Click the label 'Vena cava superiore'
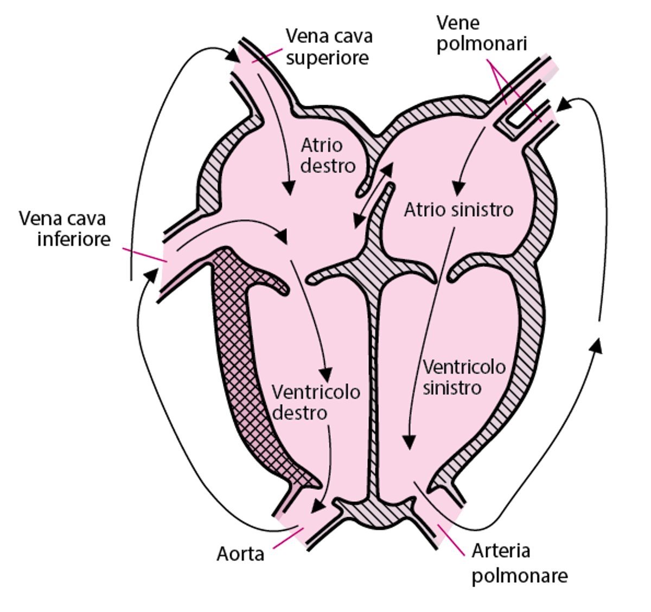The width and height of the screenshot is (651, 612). pyautogui.click(x=329, y=47)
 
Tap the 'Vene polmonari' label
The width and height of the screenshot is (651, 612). pyautogui.click(x=481, y=33)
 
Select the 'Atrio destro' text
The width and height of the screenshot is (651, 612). pyautogui.click(x=328, y=156)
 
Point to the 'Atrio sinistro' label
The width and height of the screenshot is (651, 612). pyautogui.click(x=458, y=209)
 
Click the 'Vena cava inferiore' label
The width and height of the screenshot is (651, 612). pyautogui.click(x=64, y=228)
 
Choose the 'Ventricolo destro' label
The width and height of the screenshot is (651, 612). pyautogui.click(x=315, y=402)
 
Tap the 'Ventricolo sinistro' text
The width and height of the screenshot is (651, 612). pyautogui.click(x=464, y=377)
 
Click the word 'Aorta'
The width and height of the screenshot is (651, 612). pyautogui.click(x=240, y=554)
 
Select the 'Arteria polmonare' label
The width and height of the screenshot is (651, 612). pyautogui.click(x=519, y=563)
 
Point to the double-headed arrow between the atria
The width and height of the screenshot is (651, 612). pyautogui.click(x=373, y=195)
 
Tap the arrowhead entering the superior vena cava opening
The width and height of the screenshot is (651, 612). pyautogui.click(x=233, y=54)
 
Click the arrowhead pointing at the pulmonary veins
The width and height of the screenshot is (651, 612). pyautogui.click(x=564, y=103)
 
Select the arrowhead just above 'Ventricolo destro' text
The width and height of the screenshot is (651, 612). pyautogui.click(x=325, y=375)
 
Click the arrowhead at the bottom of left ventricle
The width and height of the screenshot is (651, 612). pyautogui.click(x=410, y=442)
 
